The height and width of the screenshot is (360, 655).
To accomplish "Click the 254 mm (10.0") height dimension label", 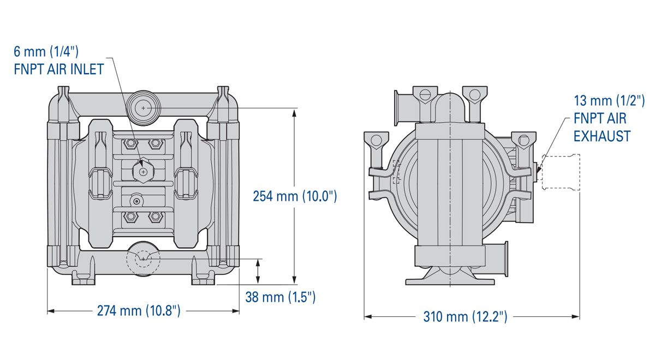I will pyautogui.click(x=295, y=196).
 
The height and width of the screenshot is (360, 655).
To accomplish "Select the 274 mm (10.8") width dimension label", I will pyautogui.click(x=139, y=311).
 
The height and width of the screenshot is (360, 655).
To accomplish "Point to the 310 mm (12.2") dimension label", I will pyautogui.click(x=465, y=316).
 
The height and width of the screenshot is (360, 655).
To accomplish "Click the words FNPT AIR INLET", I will pyautogui.click(x=59, y=71).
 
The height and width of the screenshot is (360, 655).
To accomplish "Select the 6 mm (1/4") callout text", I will pyautogui.click(x=46, y=52).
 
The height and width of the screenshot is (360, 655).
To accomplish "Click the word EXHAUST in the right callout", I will pyautogui.click(x=602, y=136).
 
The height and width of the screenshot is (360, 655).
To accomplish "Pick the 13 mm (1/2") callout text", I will pyautogui.click(x=609, y=100).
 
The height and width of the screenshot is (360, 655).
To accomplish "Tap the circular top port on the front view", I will pyautogui.click(x=143, y=108).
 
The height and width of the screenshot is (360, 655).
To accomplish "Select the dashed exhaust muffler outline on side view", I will pyautogui.click(x=560, y=172).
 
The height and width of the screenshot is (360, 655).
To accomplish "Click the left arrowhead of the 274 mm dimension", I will pyautogui.click(x=51, y=311).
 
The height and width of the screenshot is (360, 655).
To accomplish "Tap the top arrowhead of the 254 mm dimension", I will pyautogui.click(x=295, y=112).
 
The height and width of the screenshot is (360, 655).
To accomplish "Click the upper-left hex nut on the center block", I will pyautogui.click(x=130, y=143).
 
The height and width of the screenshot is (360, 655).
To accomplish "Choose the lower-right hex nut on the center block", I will pyautogui.click(x=156, y=217).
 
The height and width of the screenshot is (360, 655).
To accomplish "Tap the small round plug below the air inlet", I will pyautogui.click(x=136, y=201).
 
